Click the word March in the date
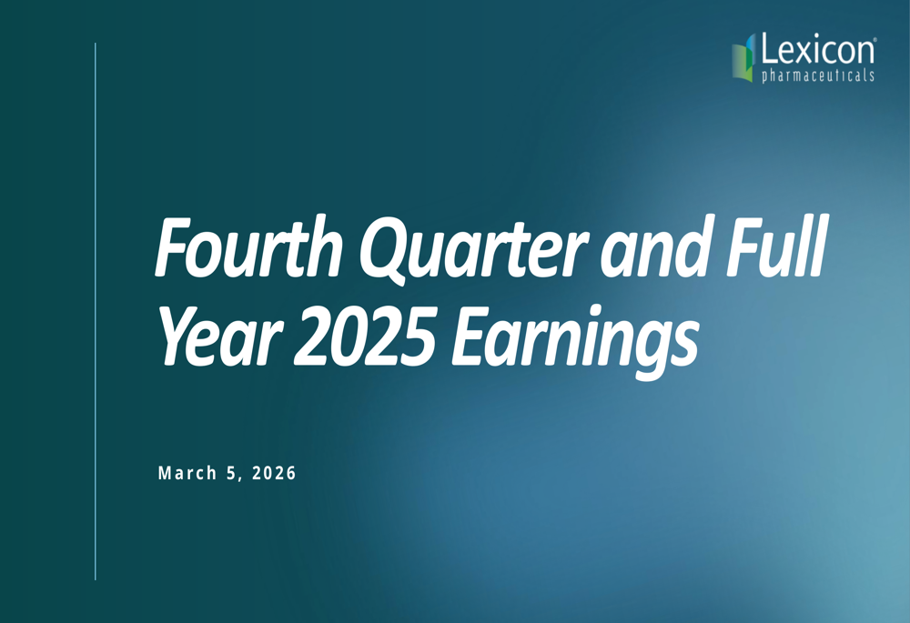(x=187, y=473)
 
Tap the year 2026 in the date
(x=271, y=473)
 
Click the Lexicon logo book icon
(x=744, y=58)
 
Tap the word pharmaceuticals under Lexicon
(x=817, y=76)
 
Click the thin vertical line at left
(x=96, y=309)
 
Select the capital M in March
(x=164, y=473)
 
